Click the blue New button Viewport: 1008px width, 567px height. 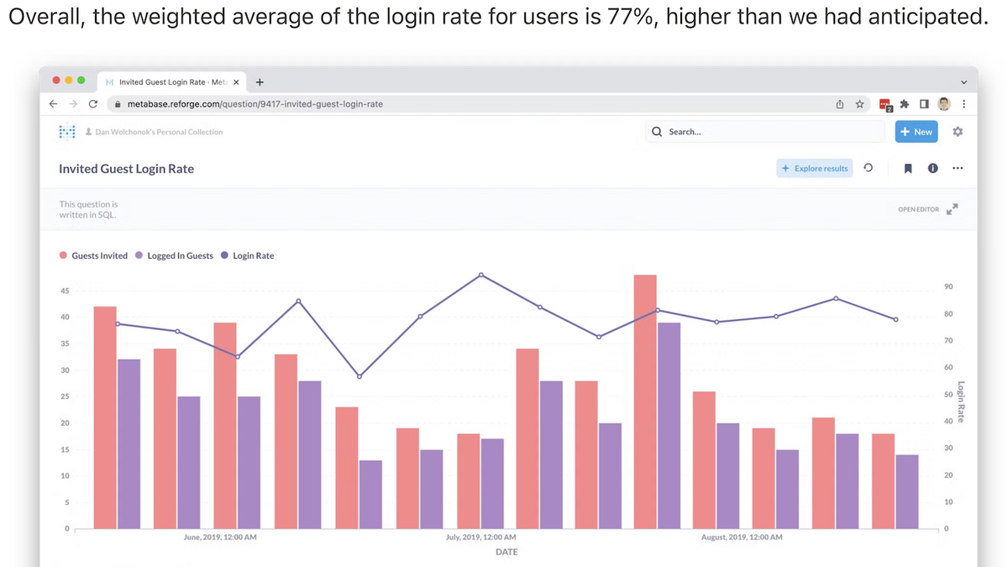[x=916, y=132]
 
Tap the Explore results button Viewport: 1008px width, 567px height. [x=814, y=168]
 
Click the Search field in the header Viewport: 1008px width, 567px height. [x=764, y=132]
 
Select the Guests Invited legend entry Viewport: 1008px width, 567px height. [x=93, y=255]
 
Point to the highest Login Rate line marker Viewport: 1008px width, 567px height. [x=481, y=275]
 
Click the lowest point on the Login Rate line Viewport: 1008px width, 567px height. [x=360, y=376]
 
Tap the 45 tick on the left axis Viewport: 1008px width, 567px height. [x=65, y=291]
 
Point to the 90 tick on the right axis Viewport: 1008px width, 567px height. [x=948, y=287]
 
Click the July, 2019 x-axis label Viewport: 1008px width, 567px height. [x=481, y=537]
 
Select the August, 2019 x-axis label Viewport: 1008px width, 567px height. [x=742, y=537]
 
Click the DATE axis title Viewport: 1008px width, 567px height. [x=507, y=552]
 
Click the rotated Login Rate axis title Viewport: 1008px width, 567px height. [x=960, y=402]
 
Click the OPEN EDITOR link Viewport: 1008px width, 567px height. [x=918, y=209]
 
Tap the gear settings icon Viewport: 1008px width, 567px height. [x=958, y=132]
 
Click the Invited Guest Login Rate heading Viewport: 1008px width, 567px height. [x=126, y=169]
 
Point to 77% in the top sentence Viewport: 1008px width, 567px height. [x=631, y=17]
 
